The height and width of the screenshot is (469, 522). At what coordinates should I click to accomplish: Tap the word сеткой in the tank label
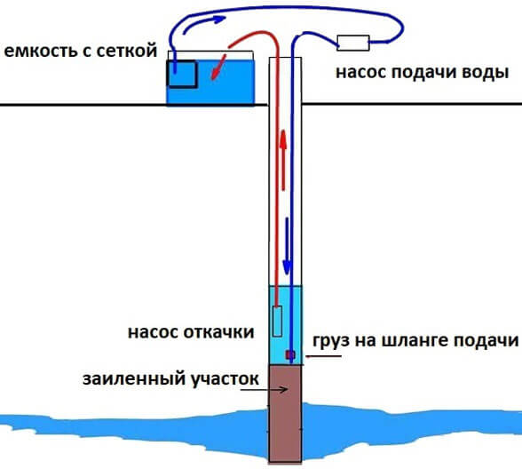coord(127,52)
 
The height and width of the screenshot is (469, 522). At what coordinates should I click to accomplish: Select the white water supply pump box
coord(353,43)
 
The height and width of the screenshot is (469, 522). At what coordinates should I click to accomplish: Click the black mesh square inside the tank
coord(182,74)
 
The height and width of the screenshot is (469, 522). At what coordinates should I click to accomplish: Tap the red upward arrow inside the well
coord(283,160)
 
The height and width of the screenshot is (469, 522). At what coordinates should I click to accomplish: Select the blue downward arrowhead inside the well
coord(287,267)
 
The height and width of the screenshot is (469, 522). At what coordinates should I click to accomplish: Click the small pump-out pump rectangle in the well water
coord(277,322)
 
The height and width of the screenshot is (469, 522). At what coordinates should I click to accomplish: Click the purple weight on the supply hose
coord(290,355)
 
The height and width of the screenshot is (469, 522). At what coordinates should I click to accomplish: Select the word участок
coord(225,380)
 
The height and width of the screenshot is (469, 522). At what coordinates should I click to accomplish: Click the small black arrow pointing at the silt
coord(265,389)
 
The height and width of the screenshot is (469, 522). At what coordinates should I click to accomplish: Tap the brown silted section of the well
coord(285,414)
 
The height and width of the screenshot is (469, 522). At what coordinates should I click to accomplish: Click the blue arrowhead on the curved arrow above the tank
coord(219,20)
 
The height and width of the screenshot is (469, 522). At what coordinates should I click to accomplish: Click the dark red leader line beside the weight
coord(323,356)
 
